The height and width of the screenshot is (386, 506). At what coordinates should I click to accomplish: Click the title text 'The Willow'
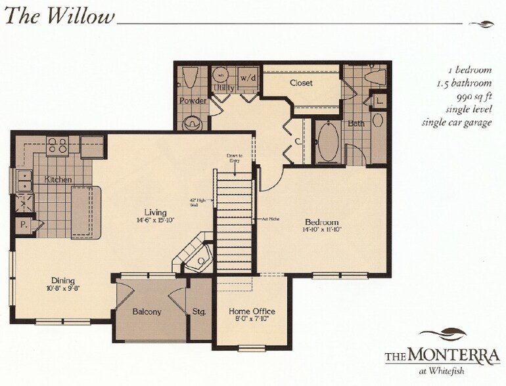(x=60, y=17)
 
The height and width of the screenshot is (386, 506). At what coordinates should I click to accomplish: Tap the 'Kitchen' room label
(x=58, y=179)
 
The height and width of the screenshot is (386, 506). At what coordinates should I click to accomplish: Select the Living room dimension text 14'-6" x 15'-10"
(x=156, y=221)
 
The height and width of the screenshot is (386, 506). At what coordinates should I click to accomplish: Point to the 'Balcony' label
(x=146, y=312)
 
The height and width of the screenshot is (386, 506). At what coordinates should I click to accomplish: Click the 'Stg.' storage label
(x=199, y=312)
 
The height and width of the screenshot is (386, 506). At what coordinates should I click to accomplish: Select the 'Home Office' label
(x=252, y=311)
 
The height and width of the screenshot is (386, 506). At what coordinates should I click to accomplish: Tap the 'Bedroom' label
(x=321, y=222)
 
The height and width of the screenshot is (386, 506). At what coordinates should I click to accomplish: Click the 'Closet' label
(x=301, y=83)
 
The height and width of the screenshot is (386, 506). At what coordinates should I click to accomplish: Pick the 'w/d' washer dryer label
(x=248, y=77)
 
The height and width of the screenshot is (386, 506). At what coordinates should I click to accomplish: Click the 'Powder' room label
(x=193, y=101)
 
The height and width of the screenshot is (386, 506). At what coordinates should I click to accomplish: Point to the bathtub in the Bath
(x=327, y=141)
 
